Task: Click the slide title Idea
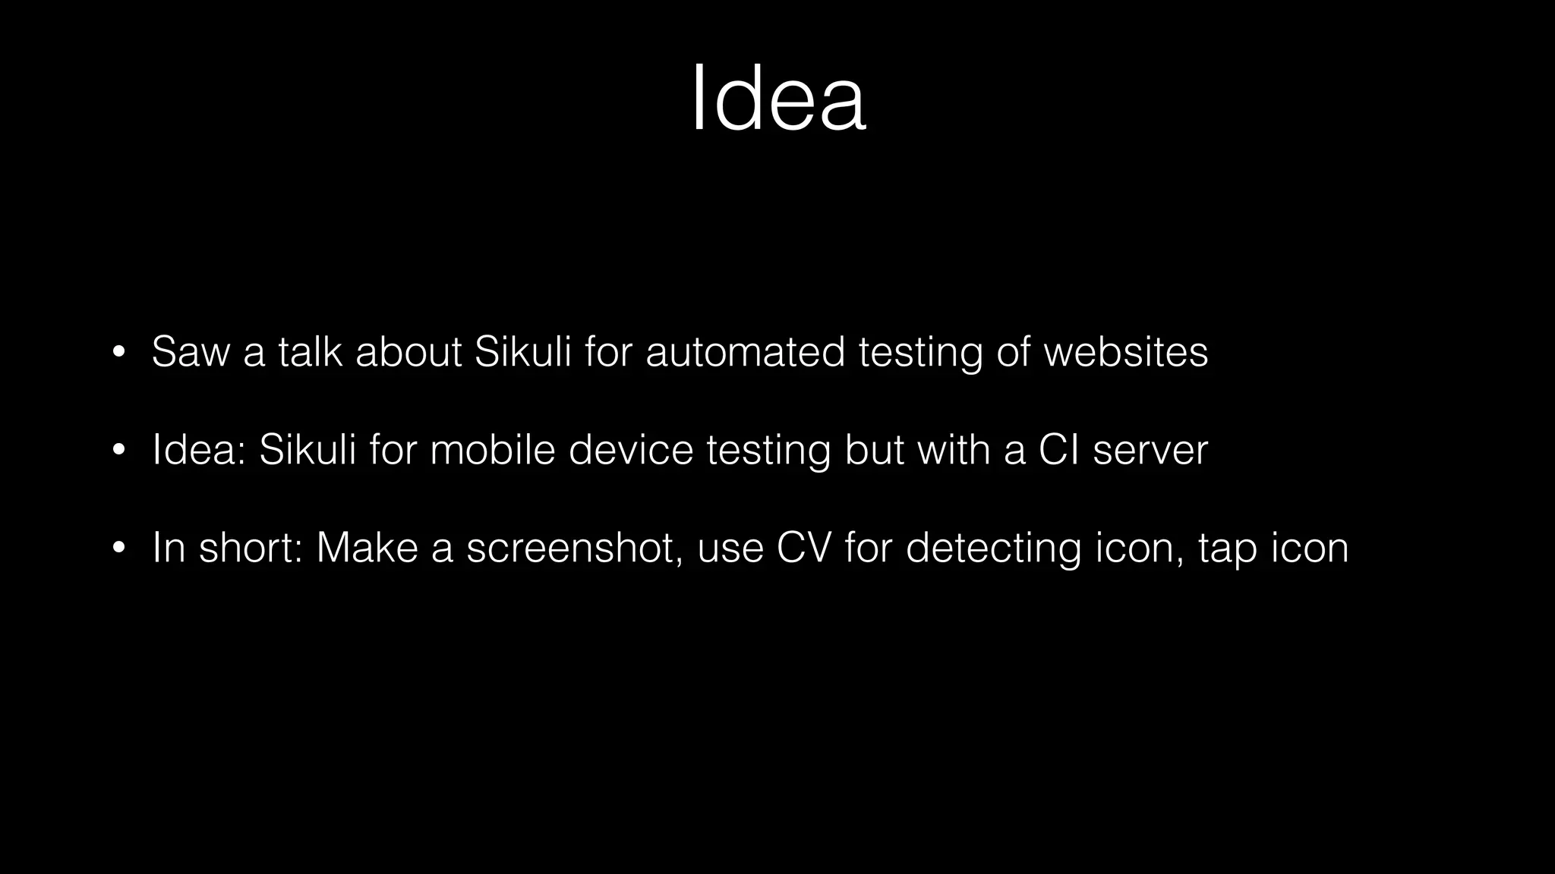click(778, 99)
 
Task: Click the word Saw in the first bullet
click(190, 352)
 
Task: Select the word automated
click(745, 352)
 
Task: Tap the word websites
click(1125, 352)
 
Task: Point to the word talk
click(310, 352)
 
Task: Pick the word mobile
click(493, 450)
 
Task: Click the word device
click(631, 450)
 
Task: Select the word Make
click(367, 548)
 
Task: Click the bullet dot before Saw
click(118, 353)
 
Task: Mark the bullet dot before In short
click(118, 549)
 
